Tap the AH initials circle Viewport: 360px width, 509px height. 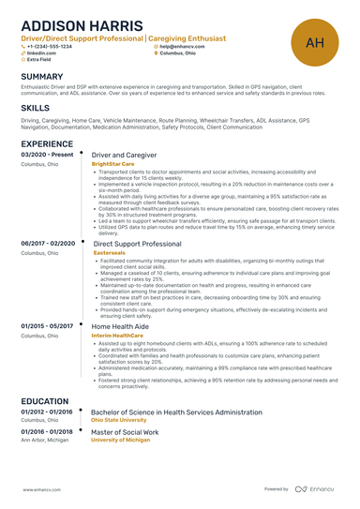click(315, 42)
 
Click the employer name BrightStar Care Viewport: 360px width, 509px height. click(113, 163)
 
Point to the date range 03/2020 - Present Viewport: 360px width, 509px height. click(45, 153)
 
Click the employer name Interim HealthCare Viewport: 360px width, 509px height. click(117, 335)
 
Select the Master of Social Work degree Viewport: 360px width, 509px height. click(125, 432)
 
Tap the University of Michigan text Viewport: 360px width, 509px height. click(120, 441)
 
